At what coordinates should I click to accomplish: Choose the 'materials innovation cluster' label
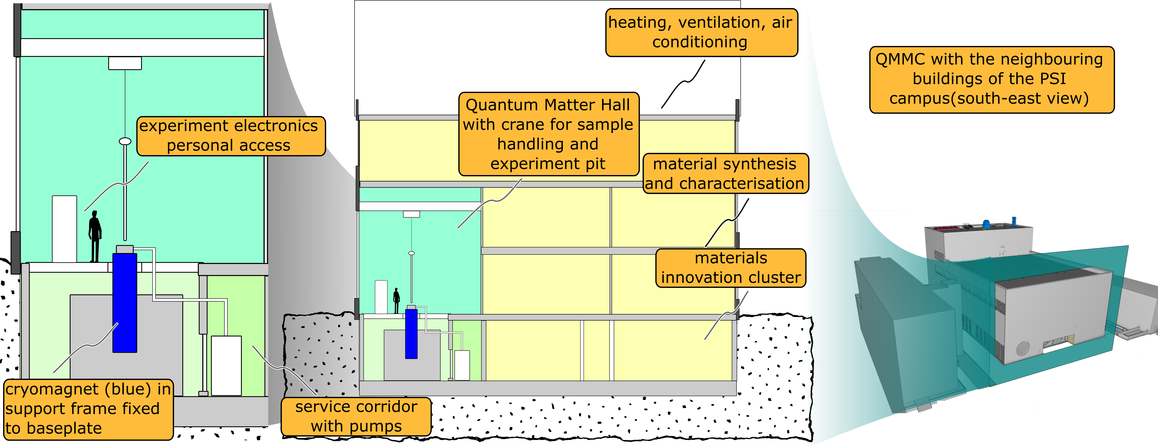[731, 268]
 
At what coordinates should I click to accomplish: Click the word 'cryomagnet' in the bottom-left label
[52, 389]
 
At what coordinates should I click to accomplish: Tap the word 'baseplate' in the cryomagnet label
[64, 428]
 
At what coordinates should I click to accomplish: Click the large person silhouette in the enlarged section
[95, 236]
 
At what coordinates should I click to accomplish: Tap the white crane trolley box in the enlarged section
[125, 63]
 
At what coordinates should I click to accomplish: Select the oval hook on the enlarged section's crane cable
[125, 141]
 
